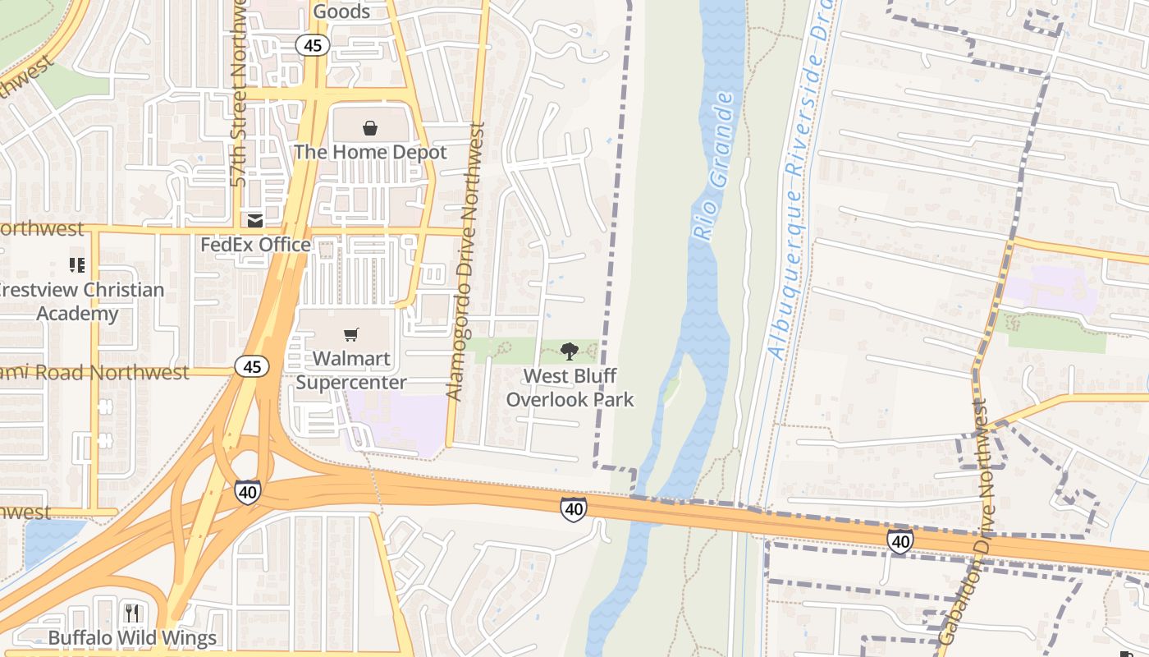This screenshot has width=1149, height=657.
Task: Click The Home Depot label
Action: pos(370,152)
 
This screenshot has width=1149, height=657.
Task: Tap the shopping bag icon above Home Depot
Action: pos(370,128)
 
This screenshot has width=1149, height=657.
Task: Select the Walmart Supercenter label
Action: pos(351,371)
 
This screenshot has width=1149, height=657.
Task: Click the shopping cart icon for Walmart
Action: pos(351,335)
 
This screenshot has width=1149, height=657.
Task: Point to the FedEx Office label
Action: pos(255,245)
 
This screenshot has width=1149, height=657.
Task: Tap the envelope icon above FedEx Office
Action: pos(255,220)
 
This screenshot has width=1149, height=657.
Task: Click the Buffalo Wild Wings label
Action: pos(132,638)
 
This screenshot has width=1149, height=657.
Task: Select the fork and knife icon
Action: pos(132,613)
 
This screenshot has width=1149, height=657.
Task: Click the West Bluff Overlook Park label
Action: pos(570,388)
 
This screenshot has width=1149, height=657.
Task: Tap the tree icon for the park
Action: pos(569,351)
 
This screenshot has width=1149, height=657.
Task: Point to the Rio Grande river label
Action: pos(713,168)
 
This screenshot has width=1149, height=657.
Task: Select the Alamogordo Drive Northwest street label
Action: pos(465,261)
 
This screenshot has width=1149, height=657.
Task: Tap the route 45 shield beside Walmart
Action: pos(251,366)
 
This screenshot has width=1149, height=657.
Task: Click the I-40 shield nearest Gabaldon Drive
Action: pos(900,541)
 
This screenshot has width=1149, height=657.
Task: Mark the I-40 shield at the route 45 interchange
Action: pos(247,492)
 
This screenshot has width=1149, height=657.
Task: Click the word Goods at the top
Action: pos(341,11)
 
